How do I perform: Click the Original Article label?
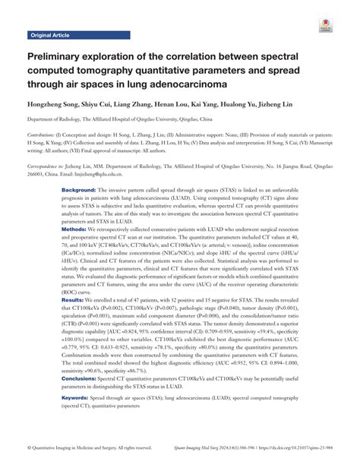[50, 36]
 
